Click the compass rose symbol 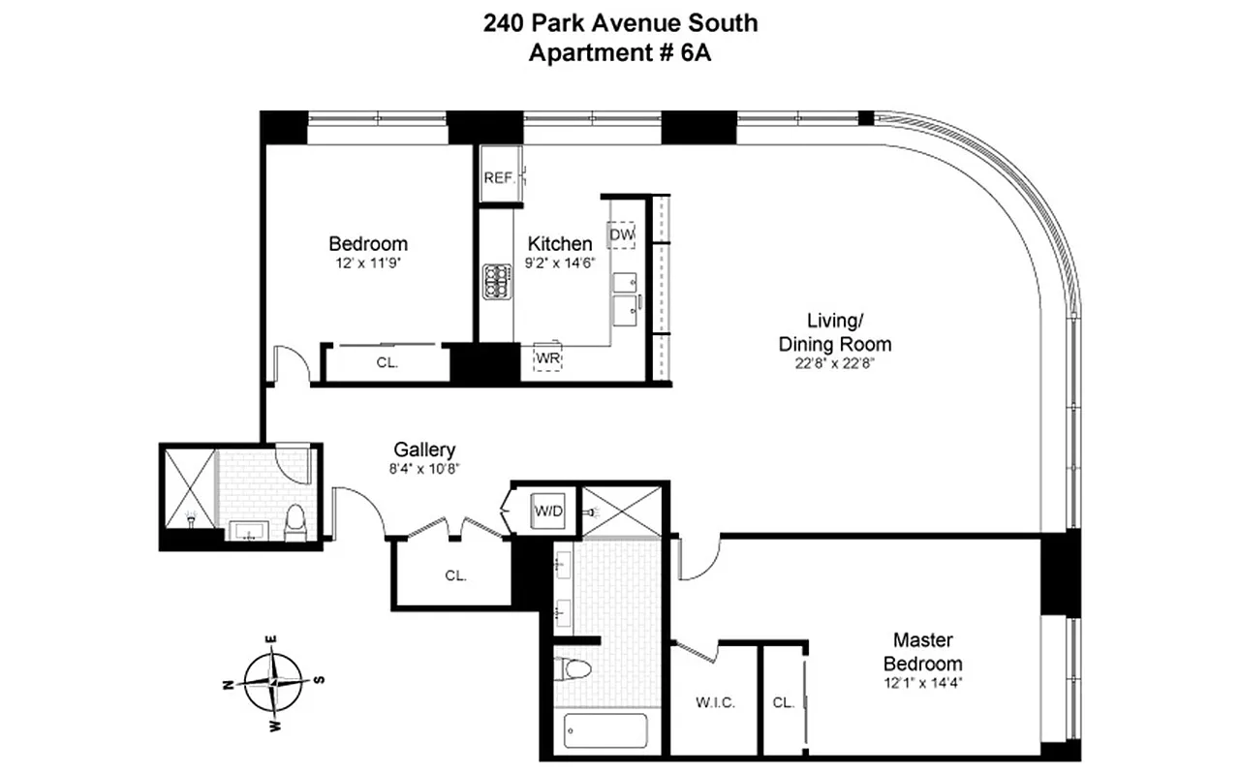(x=275, y=682)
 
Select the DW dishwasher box (x=621, y=235)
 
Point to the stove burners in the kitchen (x=496, y=282)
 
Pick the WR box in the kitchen (x=548, y=359)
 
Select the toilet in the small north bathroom (x=295, y=522)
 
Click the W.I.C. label (x=715, y=702)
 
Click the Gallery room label (x=424, y=449)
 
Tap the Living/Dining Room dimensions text (x=835, y=364)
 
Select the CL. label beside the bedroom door (x=387, y=363)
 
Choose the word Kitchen (x=559, y=243)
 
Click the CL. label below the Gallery (x=455, y=574)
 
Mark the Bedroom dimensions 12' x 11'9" (x=368, y=262)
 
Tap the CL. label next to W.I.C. (x=784, y=702)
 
